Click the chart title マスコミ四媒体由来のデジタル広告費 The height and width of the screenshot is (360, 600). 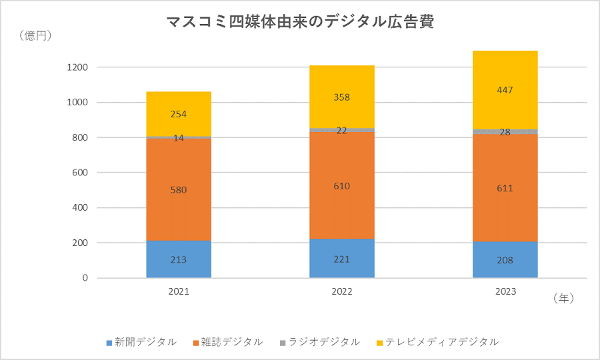300,22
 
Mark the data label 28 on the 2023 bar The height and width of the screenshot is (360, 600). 505,132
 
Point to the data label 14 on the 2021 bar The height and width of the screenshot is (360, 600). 179,138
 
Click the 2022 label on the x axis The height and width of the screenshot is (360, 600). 342,292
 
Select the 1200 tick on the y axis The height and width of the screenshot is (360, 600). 78,67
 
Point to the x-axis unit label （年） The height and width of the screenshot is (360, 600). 563,299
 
